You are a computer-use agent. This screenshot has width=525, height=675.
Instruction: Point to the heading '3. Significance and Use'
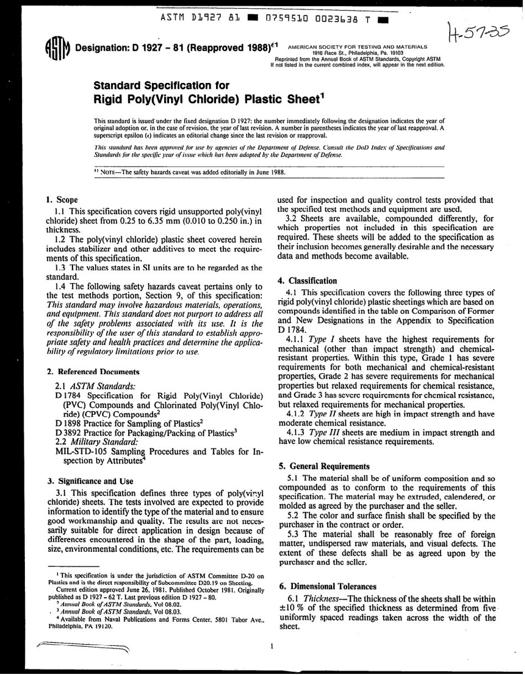(90, 481)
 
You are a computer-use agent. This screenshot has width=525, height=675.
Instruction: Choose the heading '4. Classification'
(308, 280)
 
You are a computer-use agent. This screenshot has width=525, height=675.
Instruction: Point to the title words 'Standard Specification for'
(158, 86)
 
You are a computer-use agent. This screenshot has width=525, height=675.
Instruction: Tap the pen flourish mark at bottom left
(83, 647)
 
